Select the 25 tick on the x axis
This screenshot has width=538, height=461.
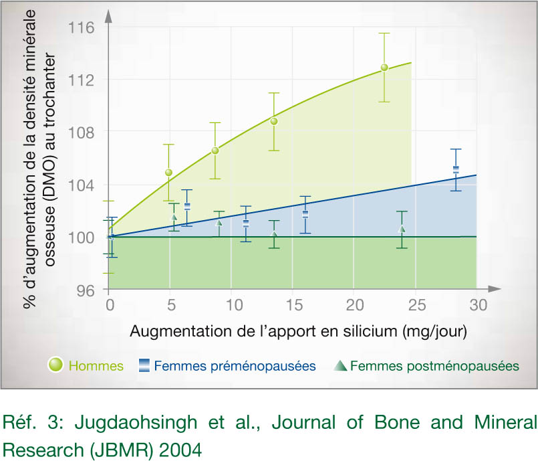coord(416,305)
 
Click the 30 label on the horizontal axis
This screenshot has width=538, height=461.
coord(477,305)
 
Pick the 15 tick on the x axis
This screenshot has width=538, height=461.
coord(293,305)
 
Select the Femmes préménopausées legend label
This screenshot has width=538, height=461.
coord(235,366)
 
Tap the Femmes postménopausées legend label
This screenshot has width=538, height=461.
coord(434,366)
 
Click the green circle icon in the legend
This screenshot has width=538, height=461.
coord(55,365)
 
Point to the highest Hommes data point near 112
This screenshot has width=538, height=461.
coord(384,68)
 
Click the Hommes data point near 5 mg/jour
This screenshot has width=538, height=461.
coord(168,173)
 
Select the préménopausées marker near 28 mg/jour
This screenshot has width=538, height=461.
coord(456,169)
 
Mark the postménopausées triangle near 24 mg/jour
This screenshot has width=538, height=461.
coord(402,229)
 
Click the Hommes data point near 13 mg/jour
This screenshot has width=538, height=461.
coord(273,121)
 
